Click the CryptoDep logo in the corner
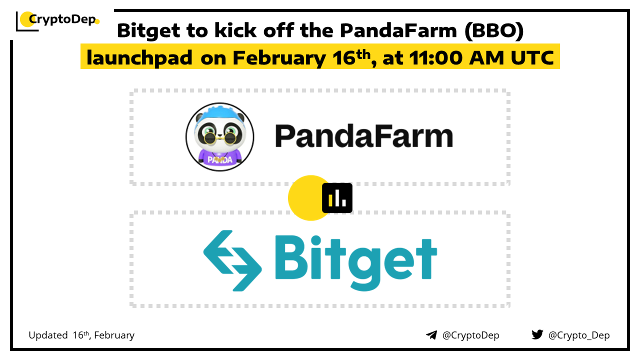tap(57, 20)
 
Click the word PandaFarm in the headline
tap(398, 30)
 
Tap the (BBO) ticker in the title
tap(494, 30)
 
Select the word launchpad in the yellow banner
tap(139, 58)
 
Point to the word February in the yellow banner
tap(279, 58)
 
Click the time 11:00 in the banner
tap(435, 57)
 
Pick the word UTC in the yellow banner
tap(532, 57)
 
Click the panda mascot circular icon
tap(219, 137)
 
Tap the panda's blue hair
tap(219, 112)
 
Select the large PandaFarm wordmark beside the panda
tap(363, 136)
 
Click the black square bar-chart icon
tap(337, 198)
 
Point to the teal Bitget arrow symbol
tap(232, 260)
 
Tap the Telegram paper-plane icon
tap(431, 335)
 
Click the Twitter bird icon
tap(537, 334)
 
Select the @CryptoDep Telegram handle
tap(470, 335)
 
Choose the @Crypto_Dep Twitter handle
tap(579, 335)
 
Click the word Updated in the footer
tap(48, 335)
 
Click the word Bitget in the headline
tap(148, 31)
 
